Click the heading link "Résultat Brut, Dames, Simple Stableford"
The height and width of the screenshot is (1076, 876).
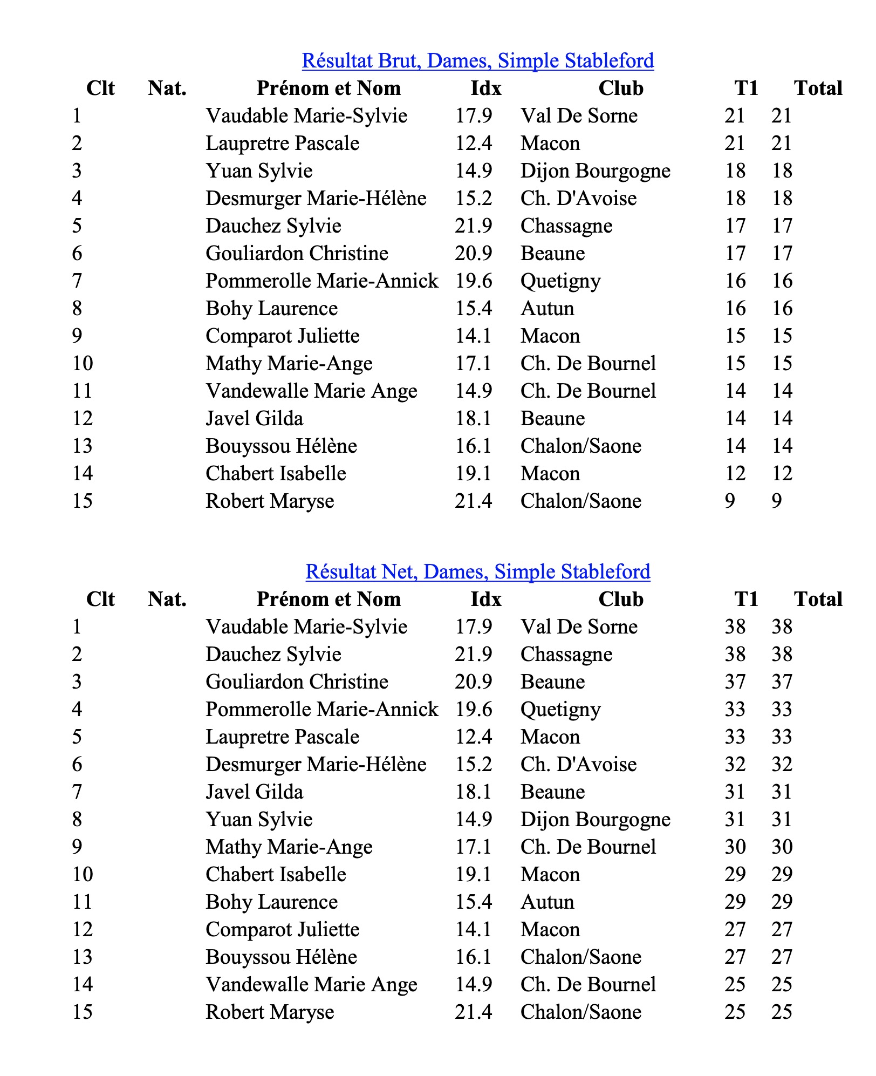(x=478, y=61)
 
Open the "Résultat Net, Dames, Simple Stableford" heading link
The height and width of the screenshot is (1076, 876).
(x=478, y=572)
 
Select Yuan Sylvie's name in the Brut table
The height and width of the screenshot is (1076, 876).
(x=259, y=171)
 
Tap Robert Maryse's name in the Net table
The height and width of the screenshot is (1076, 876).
(x=270, y=1012)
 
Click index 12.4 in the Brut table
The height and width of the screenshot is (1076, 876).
(x=473, y=144)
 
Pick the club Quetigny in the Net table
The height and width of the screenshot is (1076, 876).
(x=560, y=710)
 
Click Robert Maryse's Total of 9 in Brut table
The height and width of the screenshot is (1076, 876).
(x=776, y=501)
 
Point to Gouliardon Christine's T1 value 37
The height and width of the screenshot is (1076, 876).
(x=735, y=682)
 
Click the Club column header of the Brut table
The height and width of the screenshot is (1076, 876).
(x=621, y=88)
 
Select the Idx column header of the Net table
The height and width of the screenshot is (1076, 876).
(x=485, y=600)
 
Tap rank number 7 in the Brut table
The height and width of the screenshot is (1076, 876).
(x=77, y=281)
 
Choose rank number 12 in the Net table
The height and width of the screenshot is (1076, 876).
(x=83, y=930)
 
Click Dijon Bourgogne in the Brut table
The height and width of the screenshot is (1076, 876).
(x=595, y=171)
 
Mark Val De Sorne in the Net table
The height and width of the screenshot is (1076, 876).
(x=579, y=627)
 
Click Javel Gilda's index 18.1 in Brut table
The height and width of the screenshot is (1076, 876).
(x=473, y=419)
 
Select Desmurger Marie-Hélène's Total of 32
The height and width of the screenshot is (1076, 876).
(x=782, y=765)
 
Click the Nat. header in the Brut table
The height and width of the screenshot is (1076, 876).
(x=167, y=88)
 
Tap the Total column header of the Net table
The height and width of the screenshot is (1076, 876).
(x=818, y=600)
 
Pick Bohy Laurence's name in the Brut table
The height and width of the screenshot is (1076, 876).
(x=271, y=309)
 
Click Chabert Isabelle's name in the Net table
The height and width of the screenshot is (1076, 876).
(x=276, y=875)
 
